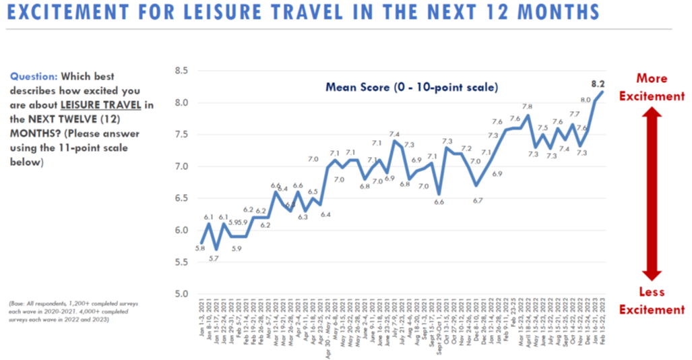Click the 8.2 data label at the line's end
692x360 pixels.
coord(597,84)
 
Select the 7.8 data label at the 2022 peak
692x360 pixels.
coord(527,107)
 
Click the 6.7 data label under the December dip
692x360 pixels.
coord(478,200)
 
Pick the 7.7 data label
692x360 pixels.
coord(575,115)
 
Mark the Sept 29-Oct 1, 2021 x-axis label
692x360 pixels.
coord(439,327)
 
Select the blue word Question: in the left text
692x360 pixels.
coord(34,76)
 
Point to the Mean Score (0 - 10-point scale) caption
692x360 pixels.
coord(411,87)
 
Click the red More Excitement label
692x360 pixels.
coord(651,87)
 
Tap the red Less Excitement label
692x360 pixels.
coord(651,301)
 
